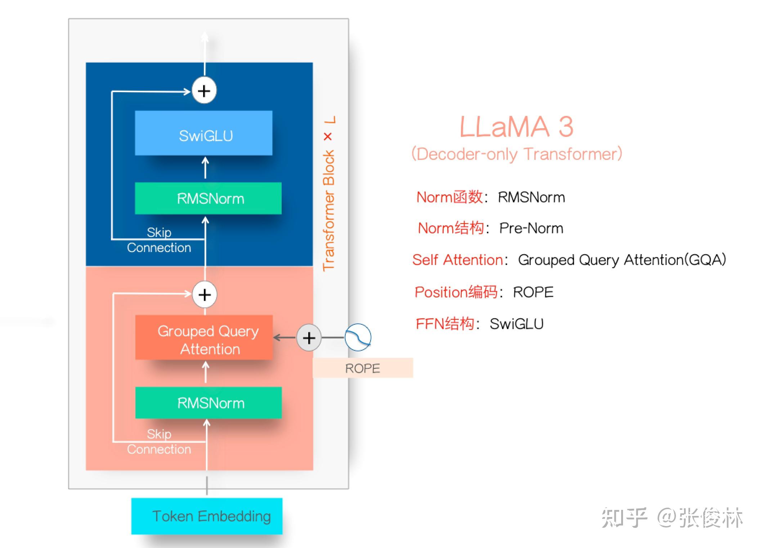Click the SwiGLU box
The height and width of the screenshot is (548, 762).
(203, 133)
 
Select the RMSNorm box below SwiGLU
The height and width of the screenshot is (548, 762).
(208, 198)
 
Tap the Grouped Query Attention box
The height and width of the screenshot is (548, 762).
(204, 338)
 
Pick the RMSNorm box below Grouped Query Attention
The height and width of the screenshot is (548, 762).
(208, 403)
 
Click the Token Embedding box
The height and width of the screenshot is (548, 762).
(207, 516)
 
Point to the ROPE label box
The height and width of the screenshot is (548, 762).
(363, 368)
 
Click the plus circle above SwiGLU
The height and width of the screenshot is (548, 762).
(204, 91)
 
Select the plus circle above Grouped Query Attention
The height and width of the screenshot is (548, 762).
(205, 295)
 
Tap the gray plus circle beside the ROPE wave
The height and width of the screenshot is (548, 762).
(309, 338)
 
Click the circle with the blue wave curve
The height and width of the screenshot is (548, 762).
(358, 337)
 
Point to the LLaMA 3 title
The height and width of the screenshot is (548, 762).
(516, 127)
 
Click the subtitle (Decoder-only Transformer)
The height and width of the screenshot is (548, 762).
(517, 154)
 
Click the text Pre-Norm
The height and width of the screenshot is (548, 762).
(531, 228)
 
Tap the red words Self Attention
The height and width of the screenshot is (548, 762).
(457, 260)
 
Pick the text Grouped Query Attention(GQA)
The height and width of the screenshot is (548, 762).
(622, 260)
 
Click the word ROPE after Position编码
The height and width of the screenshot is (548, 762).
(533, 292)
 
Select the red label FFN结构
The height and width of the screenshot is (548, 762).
(445, 324)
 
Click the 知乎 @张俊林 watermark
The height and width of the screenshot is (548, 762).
(672, 518)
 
